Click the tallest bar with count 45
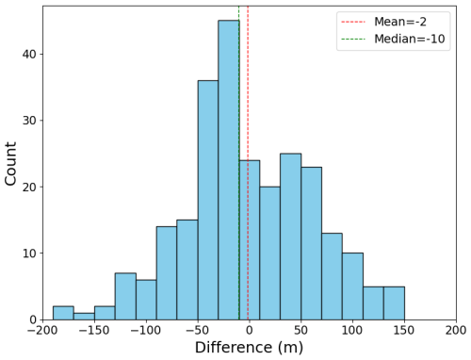[x=229, y=170]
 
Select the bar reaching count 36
[x=208, y=200]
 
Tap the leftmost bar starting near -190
[x=63, y=313]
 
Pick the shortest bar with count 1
[x=84, y=317]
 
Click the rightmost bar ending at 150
[x=394, y=303]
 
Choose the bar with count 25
[x=291, y=237]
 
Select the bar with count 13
[x=333, y=276]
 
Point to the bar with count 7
[x=125, y=296]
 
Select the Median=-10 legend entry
[x=393, y=39]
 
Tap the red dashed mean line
[x=248, y=163]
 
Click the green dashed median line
[x=239, y=163]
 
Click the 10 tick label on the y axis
[x=29, y=254]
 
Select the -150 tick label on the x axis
[x=94, y=331]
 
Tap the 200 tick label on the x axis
[x=456, y=331]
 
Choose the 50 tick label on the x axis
[x=300, y=331]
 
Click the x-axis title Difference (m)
[x=250, y=348]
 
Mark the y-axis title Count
[x=10, y=163]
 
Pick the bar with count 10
[x=352, y=286]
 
